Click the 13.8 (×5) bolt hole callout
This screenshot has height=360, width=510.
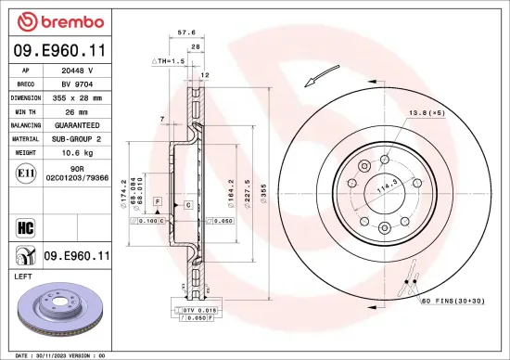point(427,112)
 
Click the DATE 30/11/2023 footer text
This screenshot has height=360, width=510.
point(56,354)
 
